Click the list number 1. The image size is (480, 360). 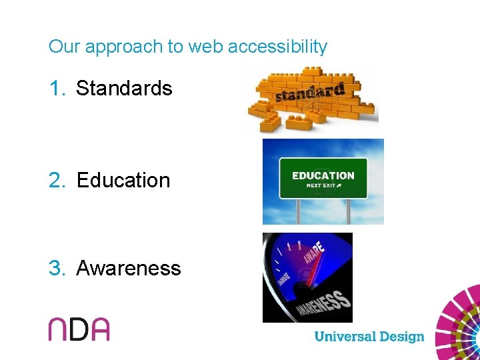pyautogui.click(x=57, y=89)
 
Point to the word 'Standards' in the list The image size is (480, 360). pyautogui.click(x=124, y=89)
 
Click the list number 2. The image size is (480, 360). pyautogui.click(x=57, y=181)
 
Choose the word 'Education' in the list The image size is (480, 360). pyautogui.click(x=123, y=181)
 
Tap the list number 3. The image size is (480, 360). pyautogui.click(x=57, y=269)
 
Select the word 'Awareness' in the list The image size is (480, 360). pyautogui.click(x=129, y=269)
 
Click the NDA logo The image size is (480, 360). pyautogui.click(x=79, y=329)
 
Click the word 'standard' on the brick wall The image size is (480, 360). pyautogui.click(x=309, y=93)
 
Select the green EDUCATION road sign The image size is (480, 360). pyautogui.click(x=323, y=178)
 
